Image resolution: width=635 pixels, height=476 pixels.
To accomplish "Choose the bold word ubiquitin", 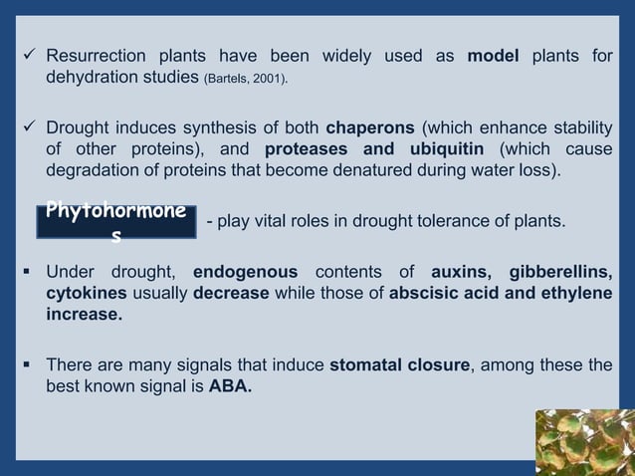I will point(437,150).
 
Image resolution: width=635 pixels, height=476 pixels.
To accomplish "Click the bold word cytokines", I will point(85,295).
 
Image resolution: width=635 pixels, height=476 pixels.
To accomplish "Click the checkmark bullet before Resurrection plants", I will point(31,56).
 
